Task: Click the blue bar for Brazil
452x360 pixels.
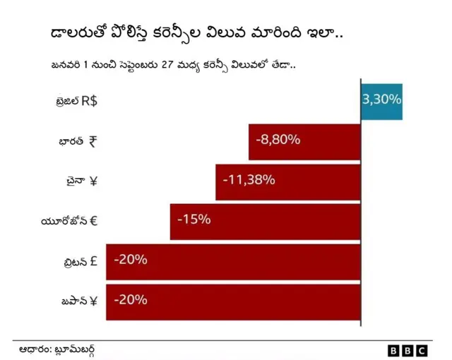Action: [x=381, y=101]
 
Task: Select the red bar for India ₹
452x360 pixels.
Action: [x=304, y=141]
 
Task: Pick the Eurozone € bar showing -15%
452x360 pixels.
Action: [x=266, y=221]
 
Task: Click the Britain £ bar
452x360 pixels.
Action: [x=233, y=260]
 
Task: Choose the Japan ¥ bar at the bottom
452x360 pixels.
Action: [x=233, y=301]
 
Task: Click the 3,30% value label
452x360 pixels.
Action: [x=381, y=100]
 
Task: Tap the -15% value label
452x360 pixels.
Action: [x=194, y=220]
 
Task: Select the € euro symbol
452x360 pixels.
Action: [x=93, y=221]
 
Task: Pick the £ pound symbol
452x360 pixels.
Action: [x=93, y=261]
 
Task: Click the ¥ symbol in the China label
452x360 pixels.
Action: [x=93, y=181]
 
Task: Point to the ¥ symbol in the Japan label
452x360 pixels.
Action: [x=93, y=301]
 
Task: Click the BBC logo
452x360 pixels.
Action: [x=408, y=350]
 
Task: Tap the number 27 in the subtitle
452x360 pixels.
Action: [x=168, y=65]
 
